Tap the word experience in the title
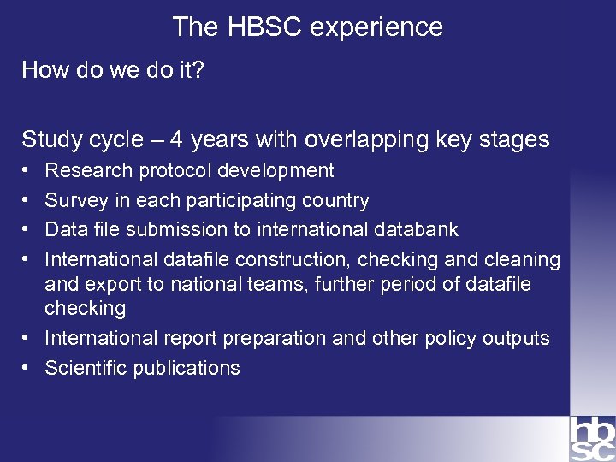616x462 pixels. (376, 27)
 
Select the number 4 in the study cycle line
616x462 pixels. (175, 139)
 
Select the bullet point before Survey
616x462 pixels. (27, 201)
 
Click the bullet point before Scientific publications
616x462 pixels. (27, 368)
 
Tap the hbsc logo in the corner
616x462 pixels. (592, 439)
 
